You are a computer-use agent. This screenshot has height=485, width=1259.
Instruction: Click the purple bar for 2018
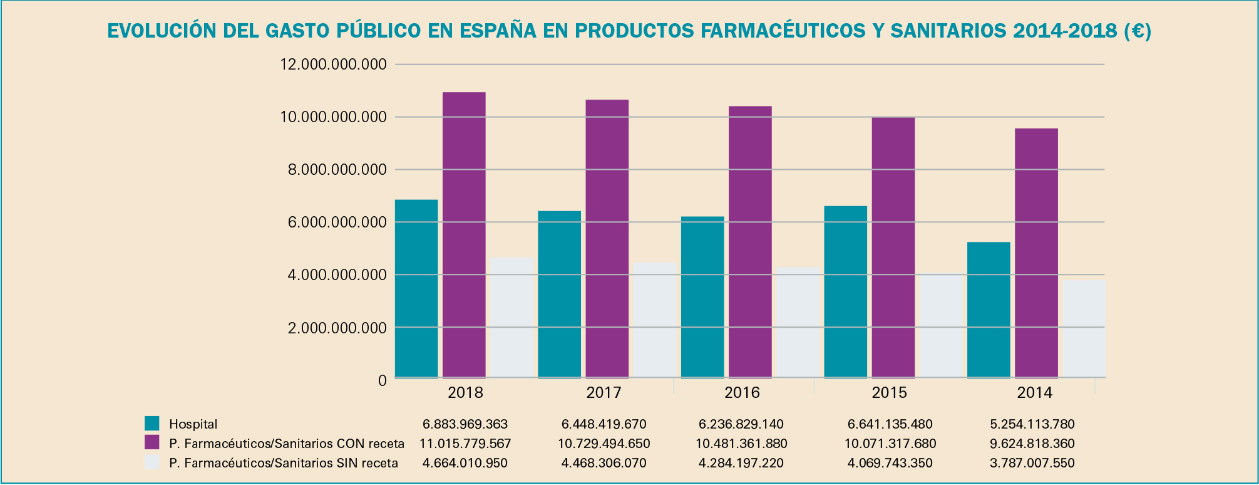point(464,235)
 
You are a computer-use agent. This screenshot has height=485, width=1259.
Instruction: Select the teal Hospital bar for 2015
point(845,292)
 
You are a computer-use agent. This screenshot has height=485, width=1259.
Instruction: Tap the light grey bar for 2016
point(798,323)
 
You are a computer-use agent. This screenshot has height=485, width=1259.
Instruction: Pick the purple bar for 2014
point(1036,253)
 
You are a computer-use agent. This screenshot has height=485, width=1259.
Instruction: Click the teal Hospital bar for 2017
point(559,295)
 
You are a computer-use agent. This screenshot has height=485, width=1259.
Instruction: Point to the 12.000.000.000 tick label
point(333,65)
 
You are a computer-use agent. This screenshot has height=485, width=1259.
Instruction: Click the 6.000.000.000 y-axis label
point(333,222)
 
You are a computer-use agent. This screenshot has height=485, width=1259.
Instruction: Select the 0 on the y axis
point(382,380)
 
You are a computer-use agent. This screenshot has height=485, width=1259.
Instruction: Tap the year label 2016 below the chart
point(742,393)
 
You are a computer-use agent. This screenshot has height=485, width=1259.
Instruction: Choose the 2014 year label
point(1034,393)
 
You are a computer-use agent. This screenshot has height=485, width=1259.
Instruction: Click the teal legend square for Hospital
point(152,423)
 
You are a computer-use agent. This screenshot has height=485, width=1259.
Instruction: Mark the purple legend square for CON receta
point(152,442)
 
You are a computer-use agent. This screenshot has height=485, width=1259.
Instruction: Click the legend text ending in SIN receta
point(283,463)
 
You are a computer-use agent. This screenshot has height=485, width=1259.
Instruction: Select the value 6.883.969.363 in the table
point(465,424)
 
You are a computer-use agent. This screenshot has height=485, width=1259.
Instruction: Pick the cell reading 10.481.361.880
point(741,444)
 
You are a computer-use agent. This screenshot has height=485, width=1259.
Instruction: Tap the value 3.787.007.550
point(1032,463)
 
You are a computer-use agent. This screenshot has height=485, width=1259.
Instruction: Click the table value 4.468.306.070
point(604,463)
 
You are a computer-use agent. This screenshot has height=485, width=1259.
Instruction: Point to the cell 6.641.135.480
point(890,424)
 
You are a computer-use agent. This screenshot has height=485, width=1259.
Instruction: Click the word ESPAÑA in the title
point(498,31)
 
